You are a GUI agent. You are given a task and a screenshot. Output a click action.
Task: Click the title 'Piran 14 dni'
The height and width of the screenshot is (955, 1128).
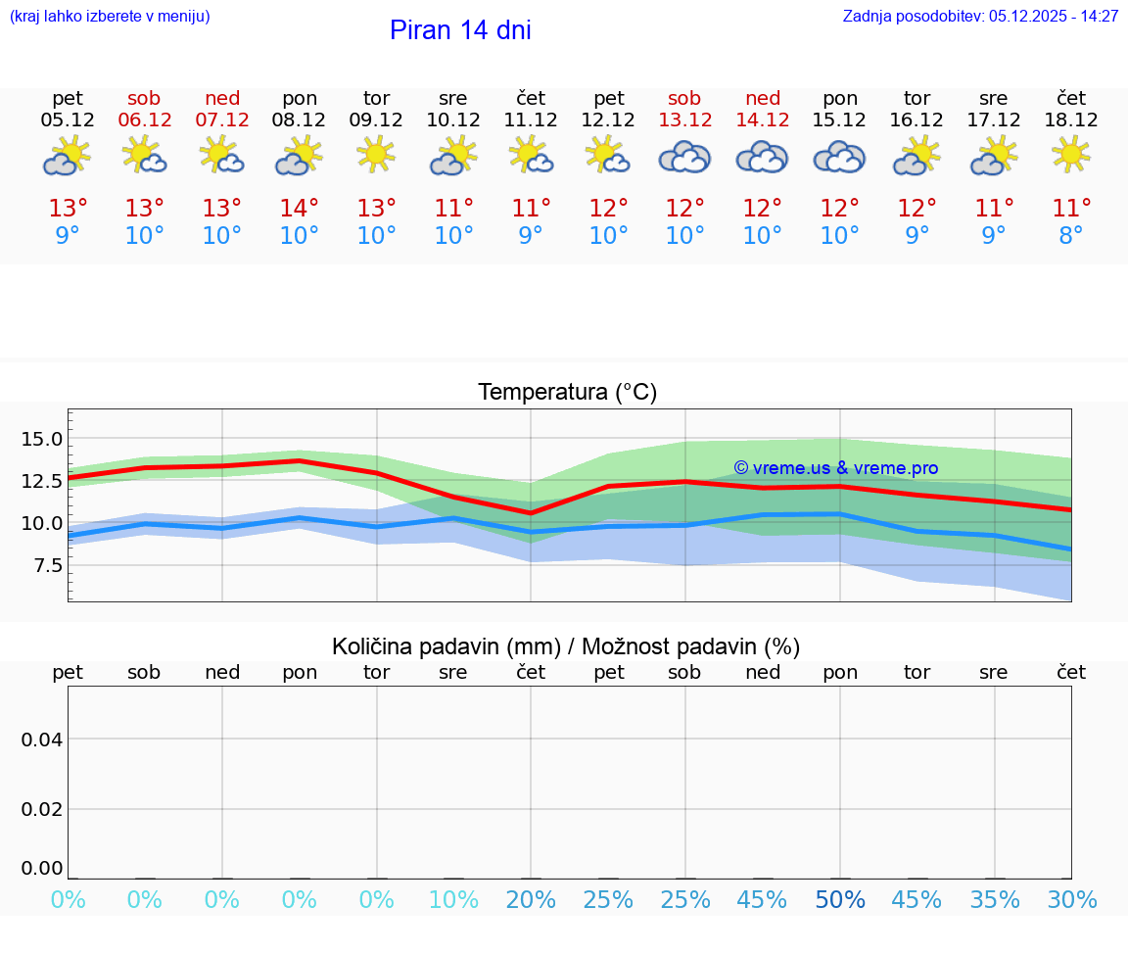460,30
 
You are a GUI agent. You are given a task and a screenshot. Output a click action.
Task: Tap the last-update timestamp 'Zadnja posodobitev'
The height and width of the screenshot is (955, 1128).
980,17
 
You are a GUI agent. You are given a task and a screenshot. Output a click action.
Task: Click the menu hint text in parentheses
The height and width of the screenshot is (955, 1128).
110,17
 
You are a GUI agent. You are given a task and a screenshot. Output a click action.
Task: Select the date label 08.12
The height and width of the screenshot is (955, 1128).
299,120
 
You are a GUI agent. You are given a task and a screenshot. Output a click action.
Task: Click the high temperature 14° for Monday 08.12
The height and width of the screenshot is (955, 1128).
299,209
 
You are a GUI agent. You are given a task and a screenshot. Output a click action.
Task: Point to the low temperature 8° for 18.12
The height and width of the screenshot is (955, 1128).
1071,236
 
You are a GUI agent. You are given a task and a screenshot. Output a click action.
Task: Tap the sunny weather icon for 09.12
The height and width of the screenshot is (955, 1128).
376,155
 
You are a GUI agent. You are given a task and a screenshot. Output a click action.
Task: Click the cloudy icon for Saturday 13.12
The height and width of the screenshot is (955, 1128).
684,157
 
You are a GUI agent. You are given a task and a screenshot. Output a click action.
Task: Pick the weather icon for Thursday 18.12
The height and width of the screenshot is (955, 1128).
1071,155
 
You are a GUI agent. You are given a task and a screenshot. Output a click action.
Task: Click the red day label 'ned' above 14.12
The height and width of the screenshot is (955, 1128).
763,99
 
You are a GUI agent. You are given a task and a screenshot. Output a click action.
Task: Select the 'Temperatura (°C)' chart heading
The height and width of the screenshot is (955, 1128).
567,393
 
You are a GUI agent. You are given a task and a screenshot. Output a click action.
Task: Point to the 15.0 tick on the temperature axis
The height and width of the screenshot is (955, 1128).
41,439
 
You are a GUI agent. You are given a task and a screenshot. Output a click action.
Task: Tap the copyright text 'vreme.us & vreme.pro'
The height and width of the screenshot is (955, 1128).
836,468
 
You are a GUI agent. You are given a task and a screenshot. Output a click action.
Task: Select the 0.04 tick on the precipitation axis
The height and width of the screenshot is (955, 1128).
43,740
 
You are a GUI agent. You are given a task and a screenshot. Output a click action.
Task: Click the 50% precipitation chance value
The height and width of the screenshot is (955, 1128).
840,900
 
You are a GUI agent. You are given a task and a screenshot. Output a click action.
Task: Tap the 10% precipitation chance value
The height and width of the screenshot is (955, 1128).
453,900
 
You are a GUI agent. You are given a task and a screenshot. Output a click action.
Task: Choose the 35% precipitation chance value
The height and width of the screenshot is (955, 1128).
994,900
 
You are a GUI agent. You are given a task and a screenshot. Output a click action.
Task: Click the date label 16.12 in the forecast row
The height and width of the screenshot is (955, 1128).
916,120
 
